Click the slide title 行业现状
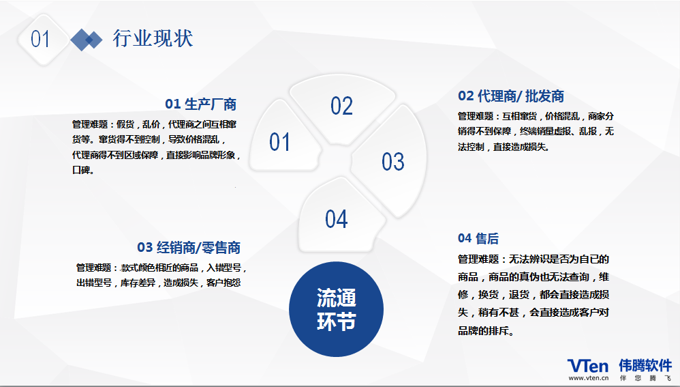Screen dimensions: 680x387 153,39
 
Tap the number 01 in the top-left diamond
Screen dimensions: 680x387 40,40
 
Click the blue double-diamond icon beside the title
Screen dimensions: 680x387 87,40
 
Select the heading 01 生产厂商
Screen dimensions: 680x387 201,104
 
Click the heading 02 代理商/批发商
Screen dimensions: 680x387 511,96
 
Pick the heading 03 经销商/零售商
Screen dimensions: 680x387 189,248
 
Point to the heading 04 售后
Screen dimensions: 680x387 478,238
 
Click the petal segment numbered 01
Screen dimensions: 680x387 284,137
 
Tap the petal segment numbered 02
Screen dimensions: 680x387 342,109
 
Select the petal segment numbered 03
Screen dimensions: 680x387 390,160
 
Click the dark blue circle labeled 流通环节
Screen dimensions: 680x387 336,309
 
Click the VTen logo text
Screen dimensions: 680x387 588,366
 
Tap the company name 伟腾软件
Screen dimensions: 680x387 645,366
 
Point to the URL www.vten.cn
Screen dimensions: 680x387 589,378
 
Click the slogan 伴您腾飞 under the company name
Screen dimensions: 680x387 645,378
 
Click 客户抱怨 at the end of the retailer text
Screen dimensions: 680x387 223,283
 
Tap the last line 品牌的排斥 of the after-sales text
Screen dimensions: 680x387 486,331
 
